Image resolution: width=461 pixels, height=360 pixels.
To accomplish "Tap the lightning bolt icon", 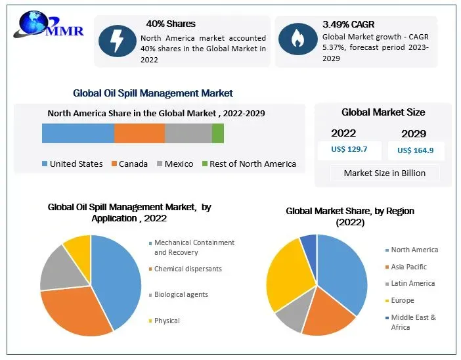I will [x=118, y=41].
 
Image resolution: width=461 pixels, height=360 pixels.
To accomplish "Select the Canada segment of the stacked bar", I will [x=139, y=133].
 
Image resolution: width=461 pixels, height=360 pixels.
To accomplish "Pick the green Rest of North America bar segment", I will [x=218, y=133].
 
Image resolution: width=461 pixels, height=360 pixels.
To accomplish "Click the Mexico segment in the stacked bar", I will [x=188, y=133].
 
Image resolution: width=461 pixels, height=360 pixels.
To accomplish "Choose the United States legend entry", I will [x=72, y=164].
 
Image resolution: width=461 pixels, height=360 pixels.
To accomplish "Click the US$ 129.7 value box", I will [x=349, y=150].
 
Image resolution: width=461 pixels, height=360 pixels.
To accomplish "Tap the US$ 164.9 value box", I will [x=416, y=150].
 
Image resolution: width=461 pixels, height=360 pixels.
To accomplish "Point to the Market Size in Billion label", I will [x=385, y=173].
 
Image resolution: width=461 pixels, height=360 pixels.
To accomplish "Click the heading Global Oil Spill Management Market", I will [x=153, y=93].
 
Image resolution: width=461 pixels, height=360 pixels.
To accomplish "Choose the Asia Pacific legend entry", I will [x=408, y=267].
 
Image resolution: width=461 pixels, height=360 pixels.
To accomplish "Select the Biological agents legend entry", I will [x=181, y=295].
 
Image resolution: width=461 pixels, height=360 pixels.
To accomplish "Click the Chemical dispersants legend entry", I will [x=188, y=269].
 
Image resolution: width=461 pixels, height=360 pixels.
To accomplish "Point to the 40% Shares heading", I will [x=171, y=24].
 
